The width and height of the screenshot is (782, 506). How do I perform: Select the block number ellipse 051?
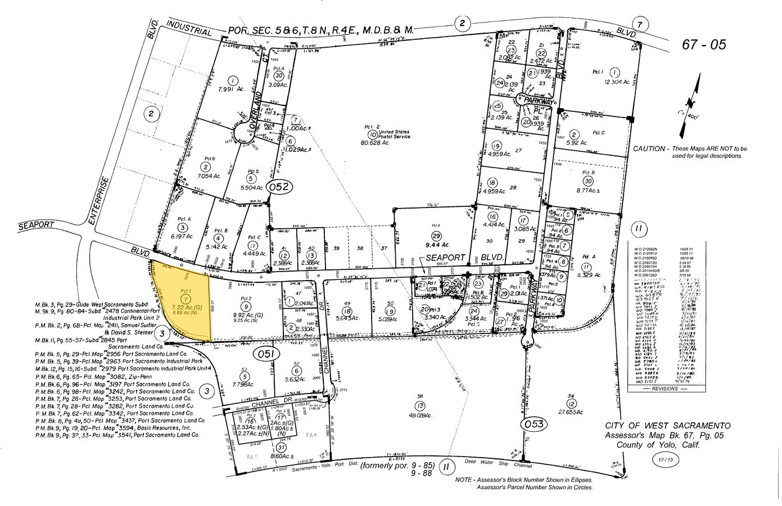coord(265,354)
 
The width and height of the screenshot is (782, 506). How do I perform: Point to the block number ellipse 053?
coord(532,423)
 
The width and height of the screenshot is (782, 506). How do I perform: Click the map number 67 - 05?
coord(703,45)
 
